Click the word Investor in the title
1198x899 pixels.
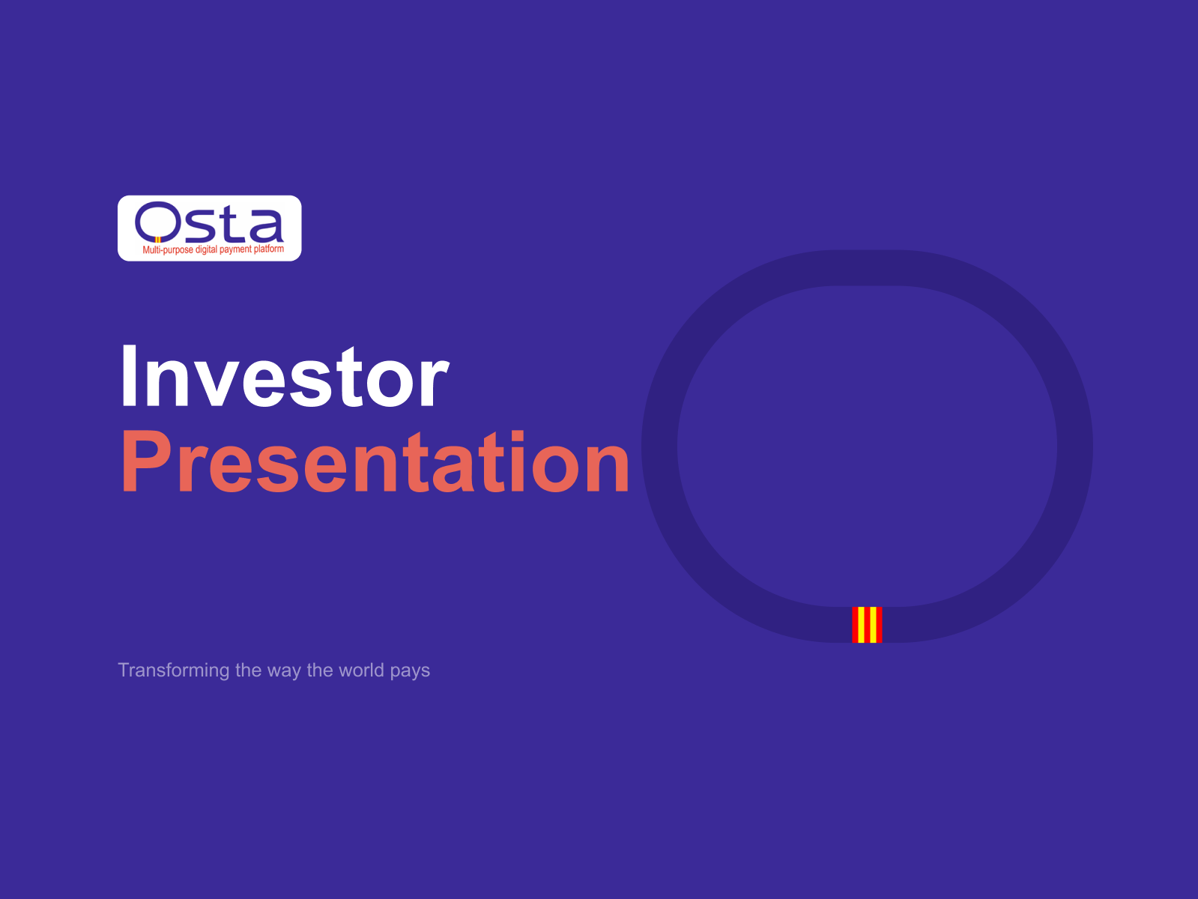click(x=285, y=376)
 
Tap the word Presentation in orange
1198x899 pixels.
click(x=375, y=461)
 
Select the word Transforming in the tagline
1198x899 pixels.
click(x=174, y=671)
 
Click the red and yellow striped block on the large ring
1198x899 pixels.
click(x=867, y=625)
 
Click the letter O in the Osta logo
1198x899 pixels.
click(x=157, y=222)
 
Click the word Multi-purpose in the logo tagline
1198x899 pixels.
click(x=168, y=249)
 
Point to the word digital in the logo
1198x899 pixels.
click(x=206, y=249)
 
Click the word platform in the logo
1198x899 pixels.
click(x=269, y=249)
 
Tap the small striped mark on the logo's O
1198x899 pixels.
click(x=158, y=240)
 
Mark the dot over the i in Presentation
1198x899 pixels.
click(x=518, y=435)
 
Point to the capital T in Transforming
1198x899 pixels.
click(x=124, y=669)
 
